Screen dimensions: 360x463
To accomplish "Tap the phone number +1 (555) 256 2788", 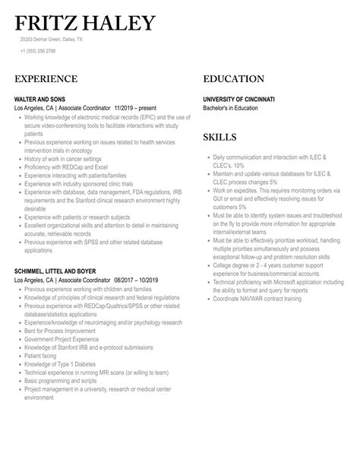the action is pos(37,50).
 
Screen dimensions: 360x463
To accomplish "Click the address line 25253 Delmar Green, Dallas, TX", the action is pos(52,39).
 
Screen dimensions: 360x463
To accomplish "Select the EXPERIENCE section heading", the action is pos(46,79).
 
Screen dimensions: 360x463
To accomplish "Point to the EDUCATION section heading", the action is pos(234,79).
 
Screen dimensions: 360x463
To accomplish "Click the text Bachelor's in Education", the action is pos(230,108).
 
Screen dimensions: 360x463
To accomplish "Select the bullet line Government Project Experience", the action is pos(61,338).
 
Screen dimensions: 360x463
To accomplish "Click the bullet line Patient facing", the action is pos(43,354).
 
